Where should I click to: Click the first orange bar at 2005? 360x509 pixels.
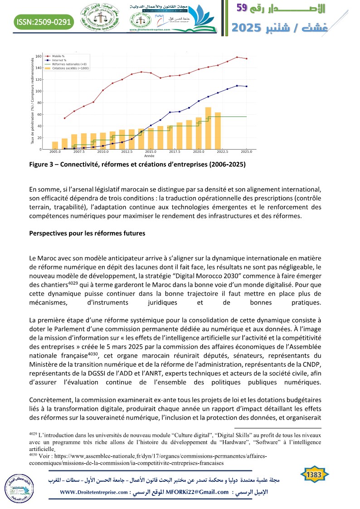[55, 145]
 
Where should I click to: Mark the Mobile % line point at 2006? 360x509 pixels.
[64, 118]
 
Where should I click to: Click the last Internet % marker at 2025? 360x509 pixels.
[247, 87]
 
